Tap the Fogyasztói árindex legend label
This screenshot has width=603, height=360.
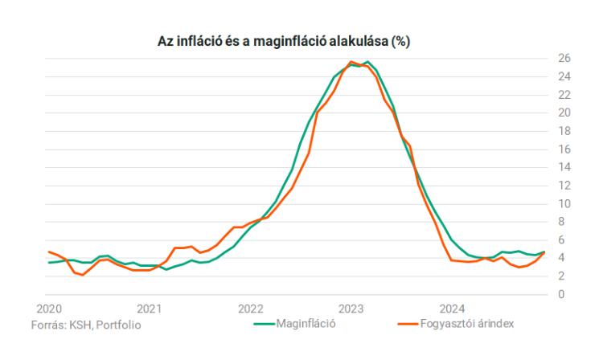click(466, 324)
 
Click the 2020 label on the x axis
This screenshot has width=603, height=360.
click(49, 309)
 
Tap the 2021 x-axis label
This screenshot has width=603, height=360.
click(150, 309)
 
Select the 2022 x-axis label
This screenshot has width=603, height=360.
click(251, 309)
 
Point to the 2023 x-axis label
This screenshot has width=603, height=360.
click(351, 309)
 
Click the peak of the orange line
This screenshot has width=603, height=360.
click(351, 62)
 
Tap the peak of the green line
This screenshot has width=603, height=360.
click(367, 62)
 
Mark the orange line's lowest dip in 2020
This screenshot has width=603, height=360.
click(83, 276)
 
